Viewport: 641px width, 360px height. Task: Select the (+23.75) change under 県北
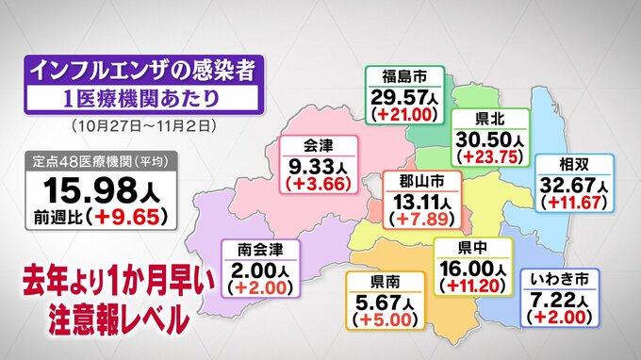tap(487, 157)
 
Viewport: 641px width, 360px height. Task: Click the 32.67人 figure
tap(572, 183)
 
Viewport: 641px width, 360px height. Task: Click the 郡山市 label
tap(421, 179)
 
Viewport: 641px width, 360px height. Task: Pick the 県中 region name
tap(473, 248)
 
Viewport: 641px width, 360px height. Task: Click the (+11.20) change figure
tap(473, 286)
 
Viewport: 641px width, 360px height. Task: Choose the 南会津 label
tap(259, 250)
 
